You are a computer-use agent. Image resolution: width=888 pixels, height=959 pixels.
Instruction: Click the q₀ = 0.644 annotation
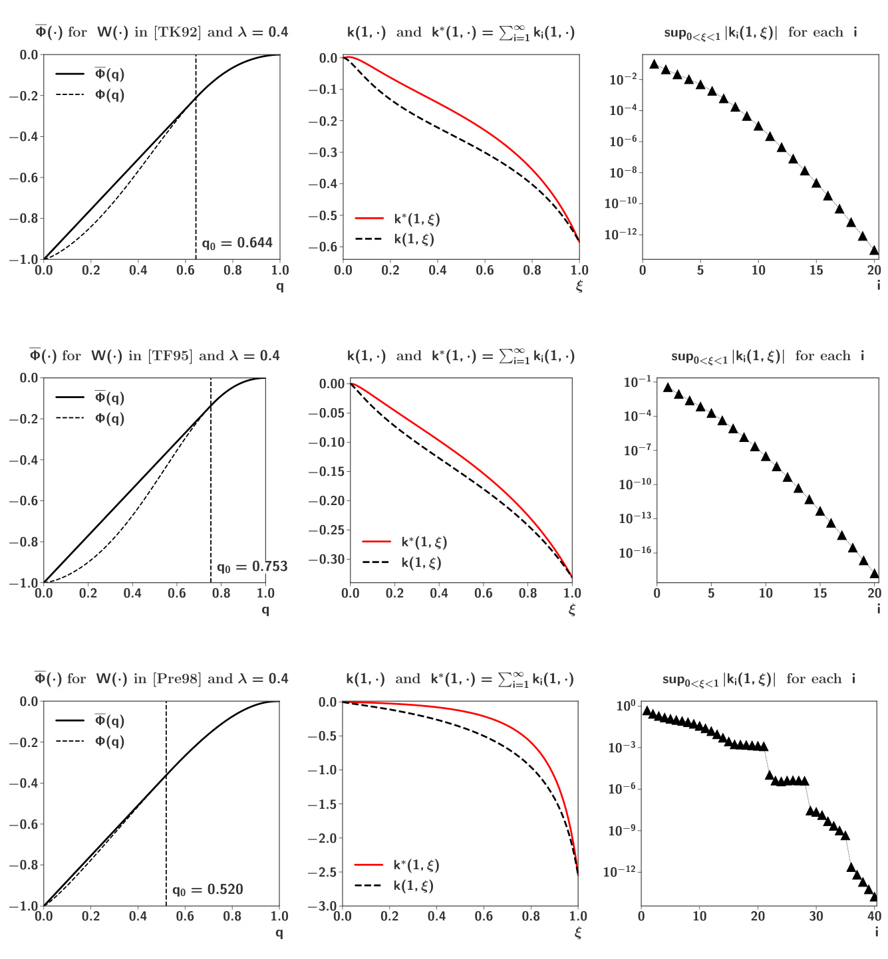click(237, 243)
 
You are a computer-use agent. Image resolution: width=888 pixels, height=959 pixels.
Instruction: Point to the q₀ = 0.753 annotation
click(252, 567)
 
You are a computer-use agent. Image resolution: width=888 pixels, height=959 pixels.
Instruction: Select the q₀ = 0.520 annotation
click(208, 890)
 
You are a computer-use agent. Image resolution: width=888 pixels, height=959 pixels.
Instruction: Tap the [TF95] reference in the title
click(170, 356)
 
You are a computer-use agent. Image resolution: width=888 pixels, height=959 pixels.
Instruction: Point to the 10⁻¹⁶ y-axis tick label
click(635, 553)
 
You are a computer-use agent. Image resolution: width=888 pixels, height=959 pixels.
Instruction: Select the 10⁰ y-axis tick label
click(626, 706)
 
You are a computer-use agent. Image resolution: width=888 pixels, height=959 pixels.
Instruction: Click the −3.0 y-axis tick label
click(323, 906)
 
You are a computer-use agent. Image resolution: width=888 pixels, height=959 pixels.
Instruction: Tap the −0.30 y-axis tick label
click(327, 560)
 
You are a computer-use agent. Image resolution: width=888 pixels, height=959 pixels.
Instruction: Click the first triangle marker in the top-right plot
click(654, 64)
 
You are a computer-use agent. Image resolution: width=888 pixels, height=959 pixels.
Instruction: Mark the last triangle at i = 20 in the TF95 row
click(875, 574)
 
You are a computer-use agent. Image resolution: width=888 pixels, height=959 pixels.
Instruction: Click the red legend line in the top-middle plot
click(369, 218)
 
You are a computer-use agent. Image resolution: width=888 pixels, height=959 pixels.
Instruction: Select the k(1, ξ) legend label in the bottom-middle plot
click(413, 886)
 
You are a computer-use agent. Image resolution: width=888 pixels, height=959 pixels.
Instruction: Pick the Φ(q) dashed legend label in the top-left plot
click(110, 94)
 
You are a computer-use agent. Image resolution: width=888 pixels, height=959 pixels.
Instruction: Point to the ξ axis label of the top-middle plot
click(579, 286)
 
